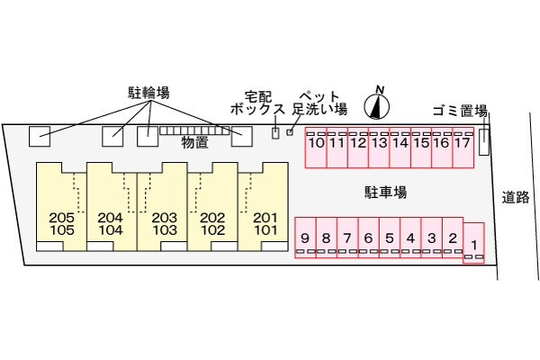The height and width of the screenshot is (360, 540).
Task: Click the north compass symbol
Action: [378, 105]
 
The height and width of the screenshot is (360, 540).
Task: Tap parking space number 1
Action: [473, 243]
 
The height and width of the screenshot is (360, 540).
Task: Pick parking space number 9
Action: [305, 238]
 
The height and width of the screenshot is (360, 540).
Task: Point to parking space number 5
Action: [390, 238]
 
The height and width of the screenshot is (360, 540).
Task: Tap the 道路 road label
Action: [516, 197]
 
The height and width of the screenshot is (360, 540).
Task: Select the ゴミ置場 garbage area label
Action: [460, 112]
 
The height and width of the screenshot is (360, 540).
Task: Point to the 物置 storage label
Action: [194, 142]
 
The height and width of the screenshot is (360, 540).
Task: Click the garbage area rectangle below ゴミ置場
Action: [484, 140]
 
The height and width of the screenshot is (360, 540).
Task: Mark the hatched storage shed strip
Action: [194, 130]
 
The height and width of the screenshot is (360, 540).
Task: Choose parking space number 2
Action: [453, 238]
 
